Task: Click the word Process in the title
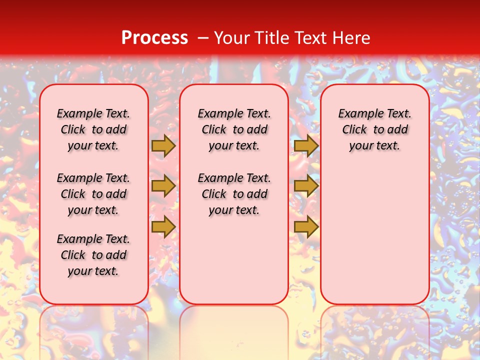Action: pyautogui.click(x=154, y=37)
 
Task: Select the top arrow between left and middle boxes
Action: pyautogui.click(x=163, y=145)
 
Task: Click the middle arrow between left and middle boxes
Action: pyautogui.click(x=163, y=186)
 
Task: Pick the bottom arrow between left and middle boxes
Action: pyautogui.click(x=163, y=226)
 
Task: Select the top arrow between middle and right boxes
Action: pyautogui.click(x=306, y=145)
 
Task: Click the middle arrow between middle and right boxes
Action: pyautogui.click(x=306, y=186)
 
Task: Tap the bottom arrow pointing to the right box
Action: pyautogui.click(x=306, y=226)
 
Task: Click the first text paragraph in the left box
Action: pyautogui.click(x=93, y=129)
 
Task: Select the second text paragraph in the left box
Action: pyautogui.click(x=93, y=194)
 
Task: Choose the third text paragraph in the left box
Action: pyautogui.click(x=93, y=255)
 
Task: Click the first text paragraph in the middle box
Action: pyautogui.click(x=234, y=129)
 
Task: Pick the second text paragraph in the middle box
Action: pyautogui.click(x=234, y=194)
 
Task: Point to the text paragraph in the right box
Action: pyautogui.click(x=375, y=129)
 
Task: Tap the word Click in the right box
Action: pyautogui.click(x=354, y=130)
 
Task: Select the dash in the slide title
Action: pyautogui.click(x=203, y=37)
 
